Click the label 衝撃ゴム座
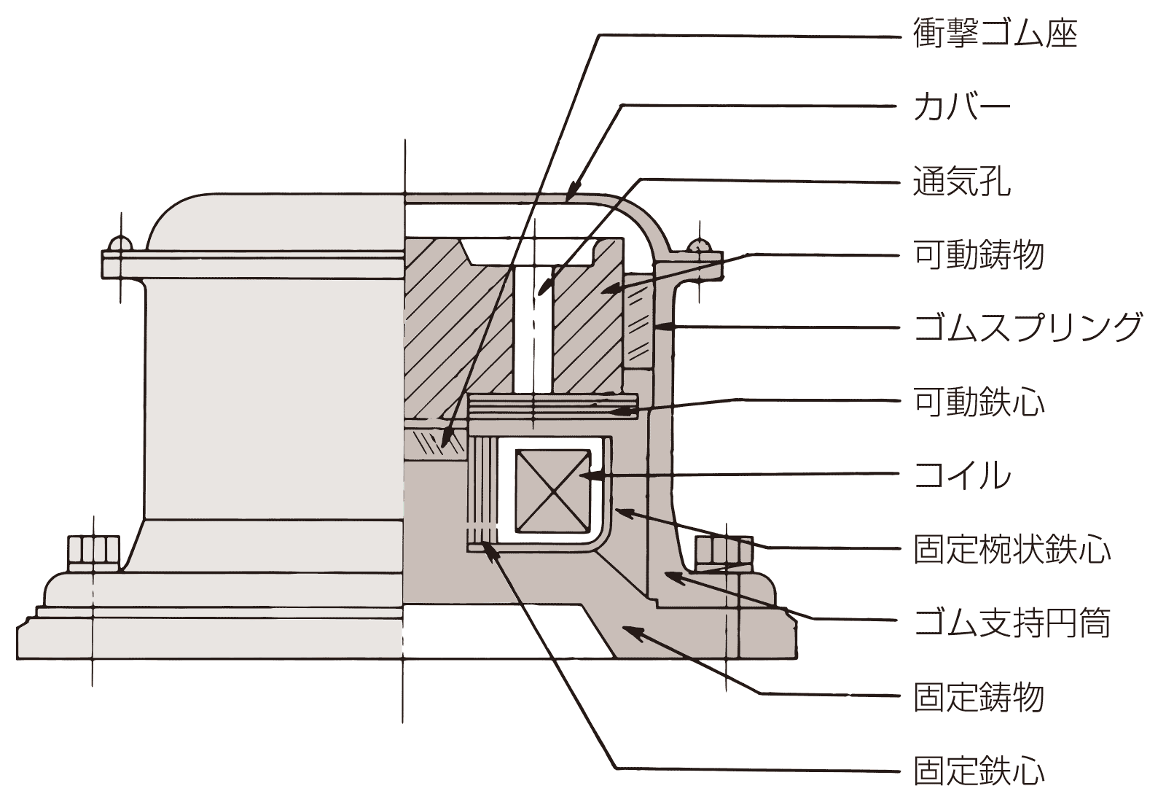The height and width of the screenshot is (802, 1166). pos(995,34)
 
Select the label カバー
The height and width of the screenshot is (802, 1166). pos(961,107)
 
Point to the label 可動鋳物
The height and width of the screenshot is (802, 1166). pos(978,254)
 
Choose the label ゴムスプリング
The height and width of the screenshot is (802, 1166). pos(1028,327)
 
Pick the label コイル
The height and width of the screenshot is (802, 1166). pos(961,475)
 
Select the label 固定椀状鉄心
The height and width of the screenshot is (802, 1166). pos(1012,549)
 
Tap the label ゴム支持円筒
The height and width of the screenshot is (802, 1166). pos(1012,623)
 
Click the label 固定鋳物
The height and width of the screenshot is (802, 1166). pos(978,697)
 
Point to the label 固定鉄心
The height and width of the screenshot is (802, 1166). pos(978,771)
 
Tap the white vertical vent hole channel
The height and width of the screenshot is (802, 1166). pos(533,328)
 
